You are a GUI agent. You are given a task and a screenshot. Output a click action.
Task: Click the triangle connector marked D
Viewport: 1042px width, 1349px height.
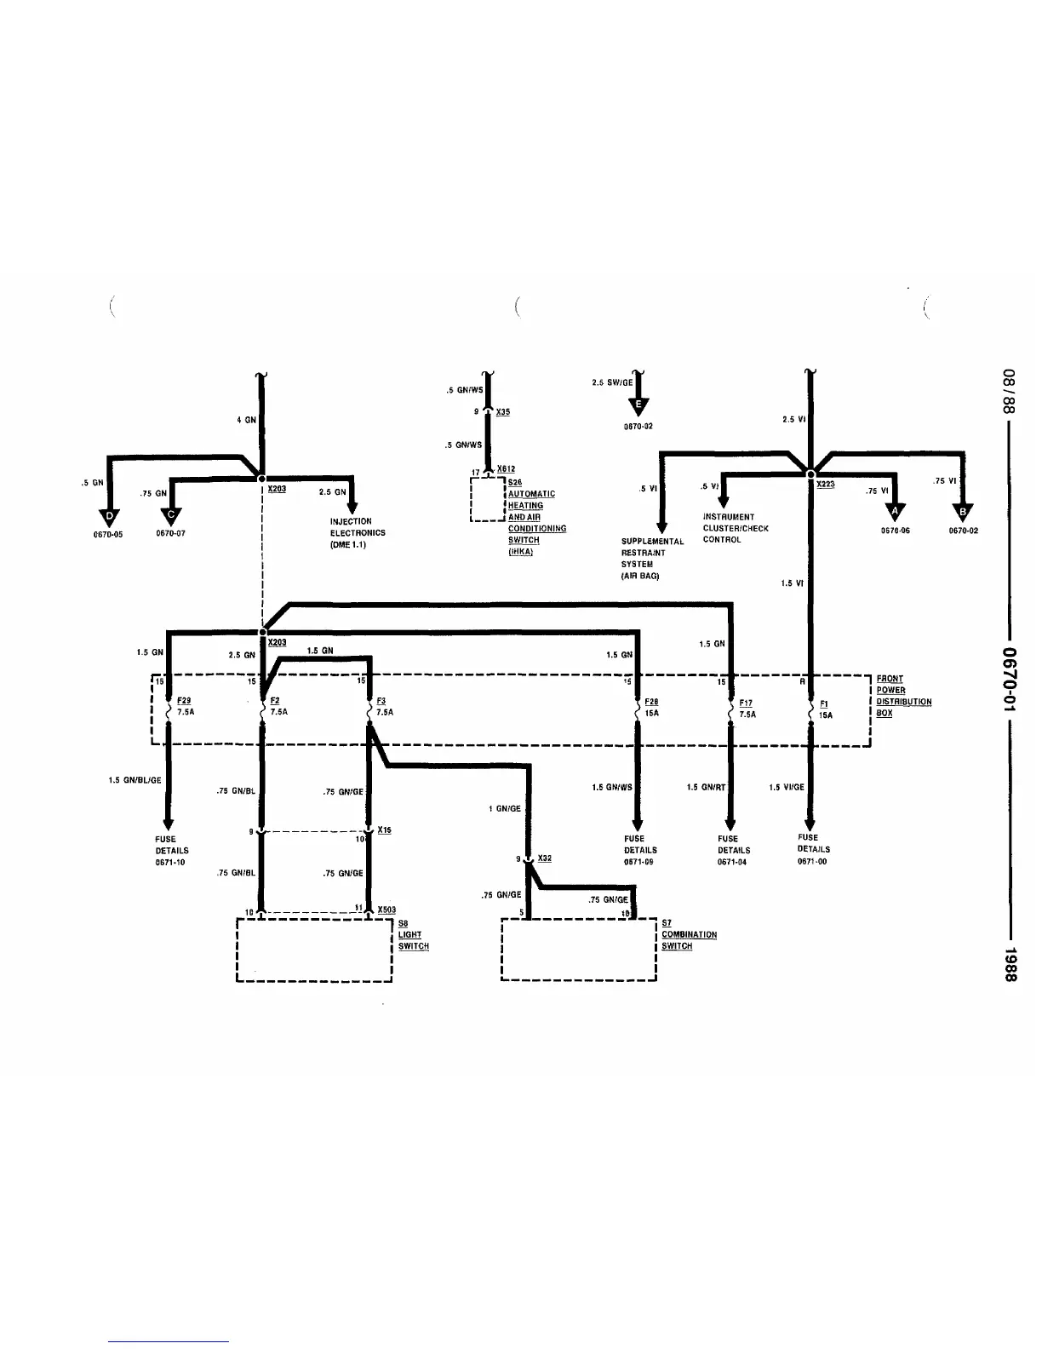tap(109, 516)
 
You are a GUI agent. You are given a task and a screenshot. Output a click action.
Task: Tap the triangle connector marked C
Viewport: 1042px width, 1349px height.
tap(171, 515)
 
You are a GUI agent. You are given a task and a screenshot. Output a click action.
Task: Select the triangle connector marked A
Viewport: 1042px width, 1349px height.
tap(893, 511)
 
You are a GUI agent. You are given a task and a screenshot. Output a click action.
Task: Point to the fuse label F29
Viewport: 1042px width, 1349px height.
tap(183, 700)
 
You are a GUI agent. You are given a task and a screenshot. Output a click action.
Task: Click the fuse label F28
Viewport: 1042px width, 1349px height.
tap(652, 702)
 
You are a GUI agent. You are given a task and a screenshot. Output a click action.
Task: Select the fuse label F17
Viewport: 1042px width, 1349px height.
tap(746, 703)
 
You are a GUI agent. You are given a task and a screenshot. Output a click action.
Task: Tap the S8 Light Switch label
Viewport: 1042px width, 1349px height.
tap(413, 934)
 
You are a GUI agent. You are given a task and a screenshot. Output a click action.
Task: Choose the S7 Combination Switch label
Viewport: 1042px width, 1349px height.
tap(688, 934)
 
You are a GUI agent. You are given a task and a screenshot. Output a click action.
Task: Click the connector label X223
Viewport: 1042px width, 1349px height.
tap(825, 484)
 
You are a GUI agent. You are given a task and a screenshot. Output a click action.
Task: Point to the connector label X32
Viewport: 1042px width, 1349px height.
tap(544, 858)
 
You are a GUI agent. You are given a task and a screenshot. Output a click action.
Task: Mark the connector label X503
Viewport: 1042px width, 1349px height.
tap(386, 910)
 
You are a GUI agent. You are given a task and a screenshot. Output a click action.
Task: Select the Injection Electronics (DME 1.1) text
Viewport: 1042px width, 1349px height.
tap(358, 532)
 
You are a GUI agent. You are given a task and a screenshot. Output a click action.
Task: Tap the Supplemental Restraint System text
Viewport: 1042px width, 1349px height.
tap(652, 559)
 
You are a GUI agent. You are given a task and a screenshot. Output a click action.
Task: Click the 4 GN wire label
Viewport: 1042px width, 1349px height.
tap(246, 419)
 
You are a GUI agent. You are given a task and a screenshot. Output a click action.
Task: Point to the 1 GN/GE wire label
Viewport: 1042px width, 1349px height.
tap(505, 808)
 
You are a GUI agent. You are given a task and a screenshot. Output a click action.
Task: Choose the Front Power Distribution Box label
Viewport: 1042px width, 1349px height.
tap(902, 696)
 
